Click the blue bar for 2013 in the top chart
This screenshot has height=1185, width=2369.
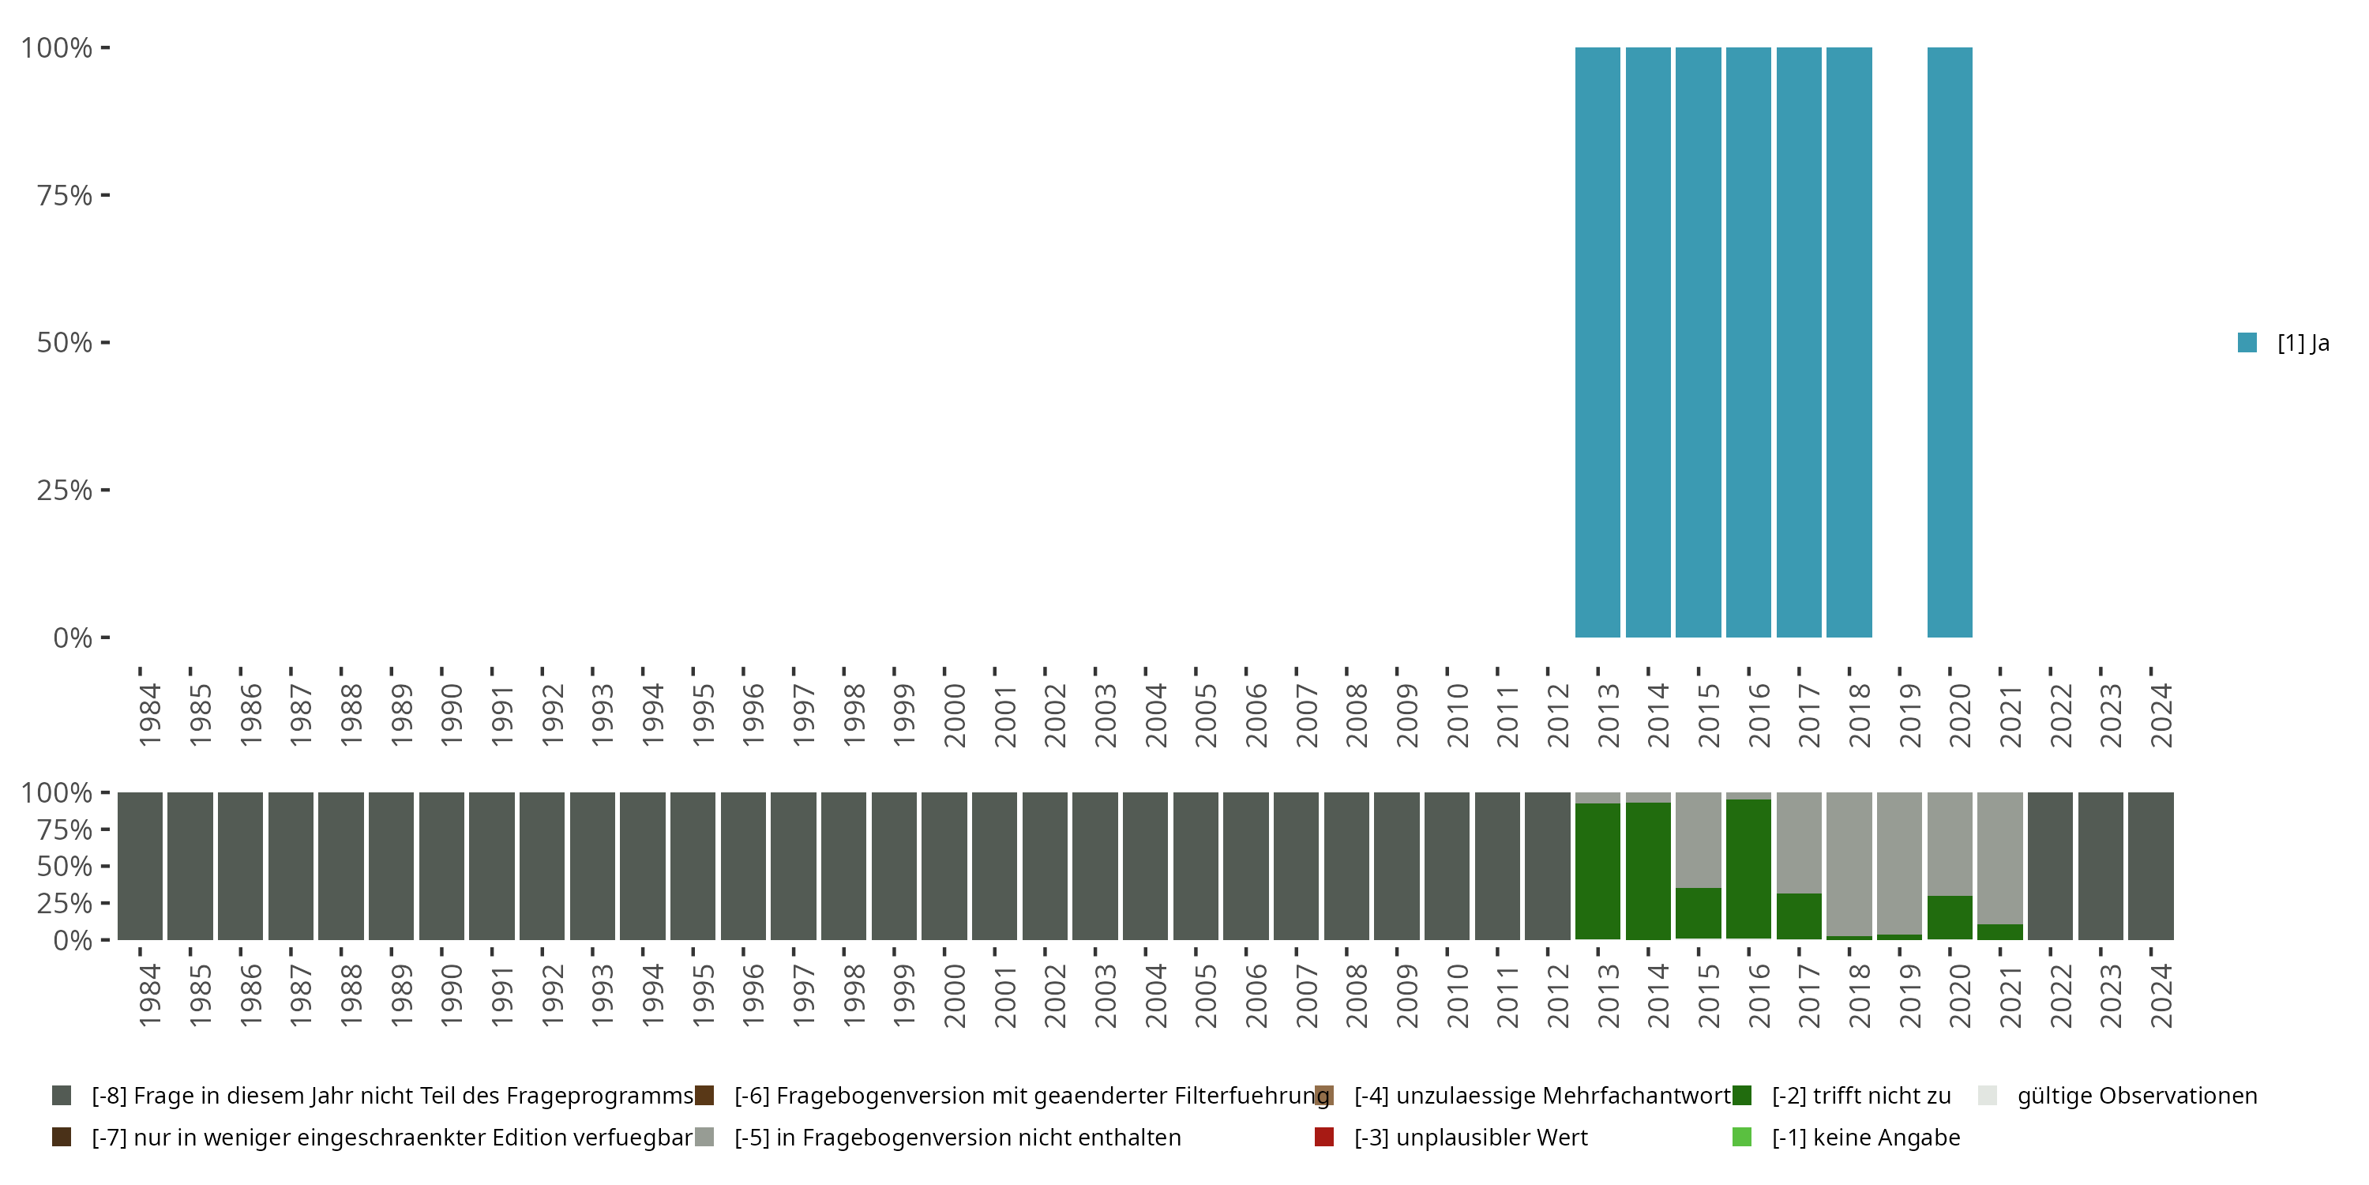[x=1597, y=342]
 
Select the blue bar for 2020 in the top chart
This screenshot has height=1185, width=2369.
[x=1950, y=342]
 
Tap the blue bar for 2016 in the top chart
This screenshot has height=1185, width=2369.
[x=1748, y=342]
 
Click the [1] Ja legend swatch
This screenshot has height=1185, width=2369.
[x=2247, y=343]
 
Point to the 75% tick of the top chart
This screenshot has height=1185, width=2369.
[x=105, y=195]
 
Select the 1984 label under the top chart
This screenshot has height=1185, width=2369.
[x=150, y=715]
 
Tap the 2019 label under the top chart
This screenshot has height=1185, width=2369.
[x=1910, y=715]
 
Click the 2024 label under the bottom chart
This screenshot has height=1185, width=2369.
[x=2161, y=995]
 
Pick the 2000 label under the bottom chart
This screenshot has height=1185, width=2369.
[x=955, y=995]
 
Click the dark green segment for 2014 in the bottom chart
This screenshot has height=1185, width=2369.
[x=1648, y=871]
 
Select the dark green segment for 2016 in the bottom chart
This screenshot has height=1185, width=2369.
[x=1748, y=868]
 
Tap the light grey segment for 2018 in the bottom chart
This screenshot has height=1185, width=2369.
[x=1849, y=863]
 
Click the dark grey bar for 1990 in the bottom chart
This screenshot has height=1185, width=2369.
[x=441, y=866]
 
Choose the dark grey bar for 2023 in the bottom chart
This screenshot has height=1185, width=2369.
[x=2101, y=866]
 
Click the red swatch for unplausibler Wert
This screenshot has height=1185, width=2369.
[x=1324, y=1137]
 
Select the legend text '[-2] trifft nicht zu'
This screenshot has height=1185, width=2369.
[x=1861, y=1096]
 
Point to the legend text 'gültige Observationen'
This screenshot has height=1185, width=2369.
[x=2136, y=1096]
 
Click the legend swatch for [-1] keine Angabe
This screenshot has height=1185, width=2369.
[x=1742, y=1137]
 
